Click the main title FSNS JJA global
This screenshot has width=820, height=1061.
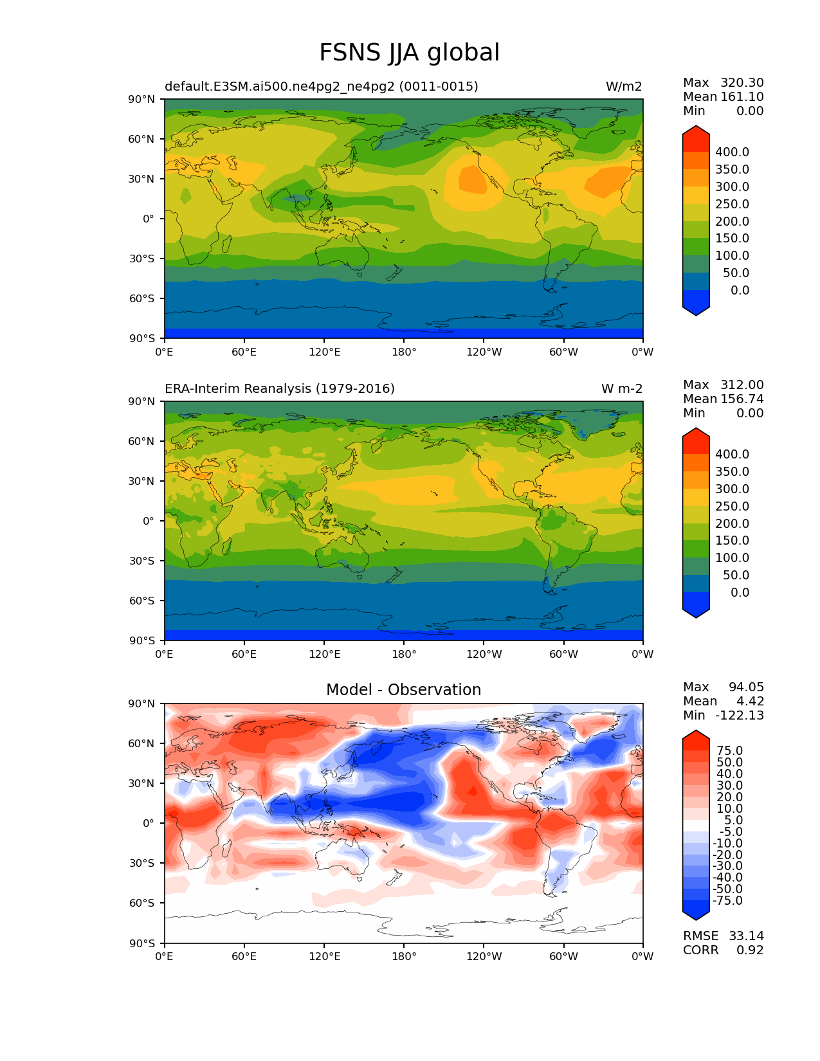409,53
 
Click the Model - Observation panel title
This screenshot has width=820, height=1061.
403,690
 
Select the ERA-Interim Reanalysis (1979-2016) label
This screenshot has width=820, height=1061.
280,388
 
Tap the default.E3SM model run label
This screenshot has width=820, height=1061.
322,86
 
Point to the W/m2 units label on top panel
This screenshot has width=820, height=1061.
623,86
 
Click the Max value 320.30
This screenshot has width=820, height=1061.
742,82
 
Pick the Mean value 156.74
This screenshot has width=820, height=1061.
742,399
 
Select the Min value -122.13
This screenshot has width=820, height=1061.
742,715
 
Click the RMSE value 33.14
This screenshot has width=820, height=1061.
746,936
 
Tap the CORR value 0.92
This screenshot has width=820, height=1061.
750,950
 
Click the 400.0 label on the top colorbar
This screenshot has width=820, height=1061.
732,152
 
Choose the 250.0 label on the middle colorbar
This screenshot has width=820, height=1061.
732,507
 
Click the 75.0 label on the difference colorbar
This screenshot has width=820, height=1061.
730,751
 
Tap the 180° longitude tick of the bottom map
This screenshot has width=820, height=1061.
404,956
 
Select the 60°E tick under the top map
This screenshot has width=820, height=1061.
244,352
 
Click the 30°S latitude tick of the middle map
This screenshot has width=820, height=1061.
142,561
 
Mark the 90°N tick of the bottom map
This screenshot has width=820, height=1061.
142,703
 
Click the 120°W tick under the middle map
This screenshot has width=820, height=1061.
484,654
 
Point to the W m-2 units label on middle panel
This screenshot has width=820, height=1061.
621,388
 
